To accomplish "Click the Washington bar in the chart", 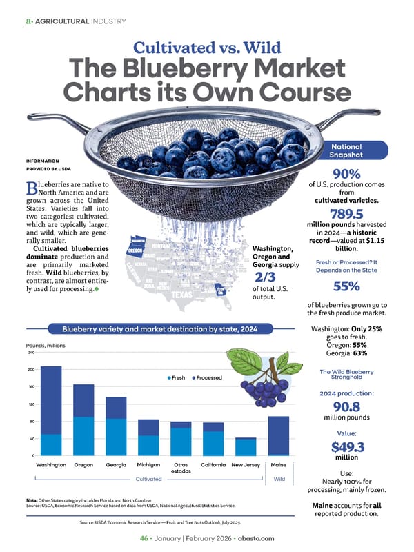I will point(51,410).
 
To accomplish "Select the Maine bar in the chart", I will point(278,435).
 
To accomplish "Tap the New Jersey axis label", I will point(245,465).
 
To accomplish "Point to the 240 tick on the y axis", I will point(31,353).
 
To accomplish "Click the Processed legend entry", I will point(207,377).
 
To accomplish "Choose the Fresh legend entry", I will point(177,377).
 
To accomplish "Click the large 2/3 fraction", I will point(266,275).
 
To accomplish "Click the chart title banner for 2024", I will point(159,329).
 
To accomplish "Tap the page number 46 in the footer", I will point(145,538).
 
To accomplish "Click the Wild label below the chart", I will point(279,477).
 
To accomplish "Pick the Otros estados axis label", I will point(181,468).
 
